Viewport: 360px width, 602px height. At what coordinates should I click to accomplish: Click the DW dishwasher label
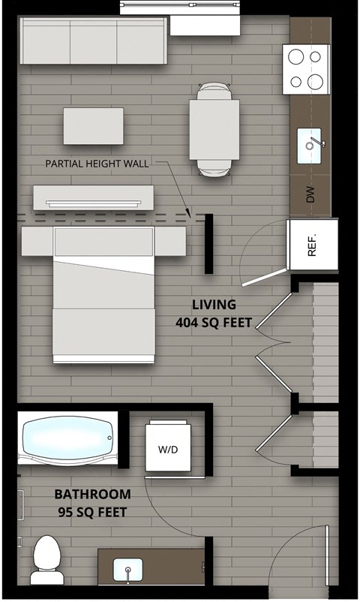pyautogui.click(x=310, y=196)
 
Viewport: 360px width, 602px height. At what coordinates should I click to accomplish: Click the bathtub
pyautogui.click(x=67, y=438)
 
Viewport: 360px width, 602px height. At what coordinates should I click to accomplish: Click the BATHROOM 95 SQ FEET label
pyautogui.click(x=92, y=504)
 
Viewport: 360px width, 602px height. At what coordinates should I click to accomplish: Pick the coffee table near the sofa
pyautogui.click(x=93, y=126)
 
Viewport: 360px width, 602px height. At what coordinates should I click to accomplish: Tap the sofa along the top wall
pyautogui.click(x=94, y=42)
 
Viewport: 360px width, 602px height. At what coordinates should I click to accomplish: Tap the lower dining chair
pyautogui.click(x=215, y=168)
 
